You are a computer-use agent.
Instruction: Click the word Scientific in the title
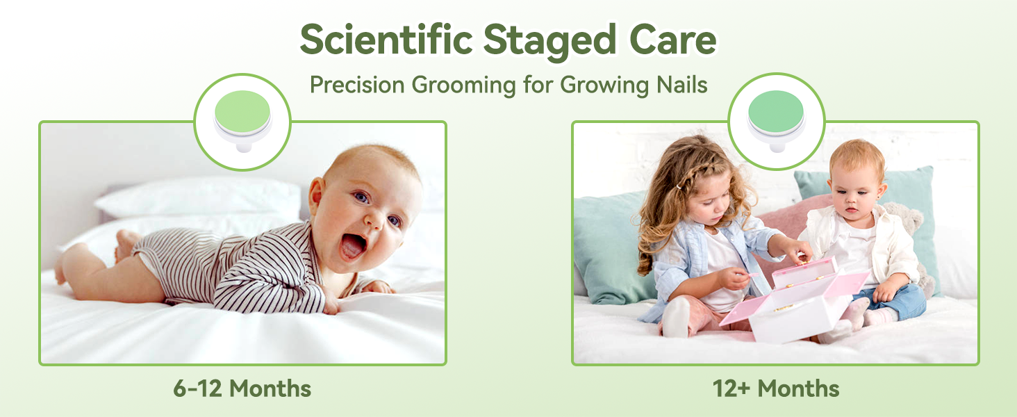tap(386, 40)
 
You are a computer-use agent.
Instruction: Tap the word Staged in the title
tap(549, 42)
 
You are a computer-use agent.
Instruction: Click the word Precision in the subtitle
tap(357, 85)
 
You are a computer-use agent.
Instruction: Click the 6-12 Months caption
tap(242, 389)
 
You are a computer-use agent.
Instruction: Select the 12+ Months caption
tap(775, 389)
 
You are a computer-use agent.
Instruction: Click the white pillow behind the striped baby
tap(200, 198)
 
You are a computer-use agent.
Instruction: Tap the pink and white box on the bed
tap(795, 300)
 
